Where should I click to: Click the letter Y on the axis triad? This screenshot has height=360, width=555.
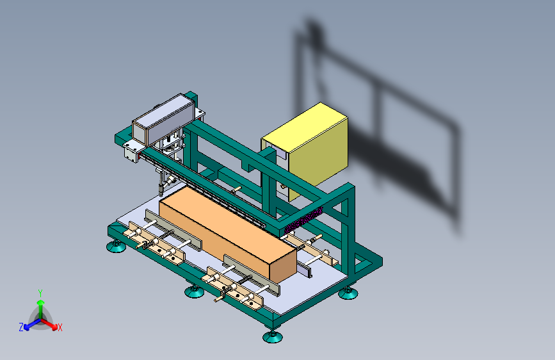[x=40, y=293]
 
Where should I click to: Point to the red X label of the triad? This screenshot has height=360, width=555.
[x=60, y=328]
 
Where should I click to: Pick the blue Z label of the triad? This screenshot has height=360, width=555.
[x=21, y=327]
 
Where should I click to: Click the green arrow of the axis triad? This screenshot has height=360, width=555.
[x=41, y=309]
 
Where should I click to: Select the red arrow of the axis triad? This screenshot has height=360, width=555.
[x=49, y=324]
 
